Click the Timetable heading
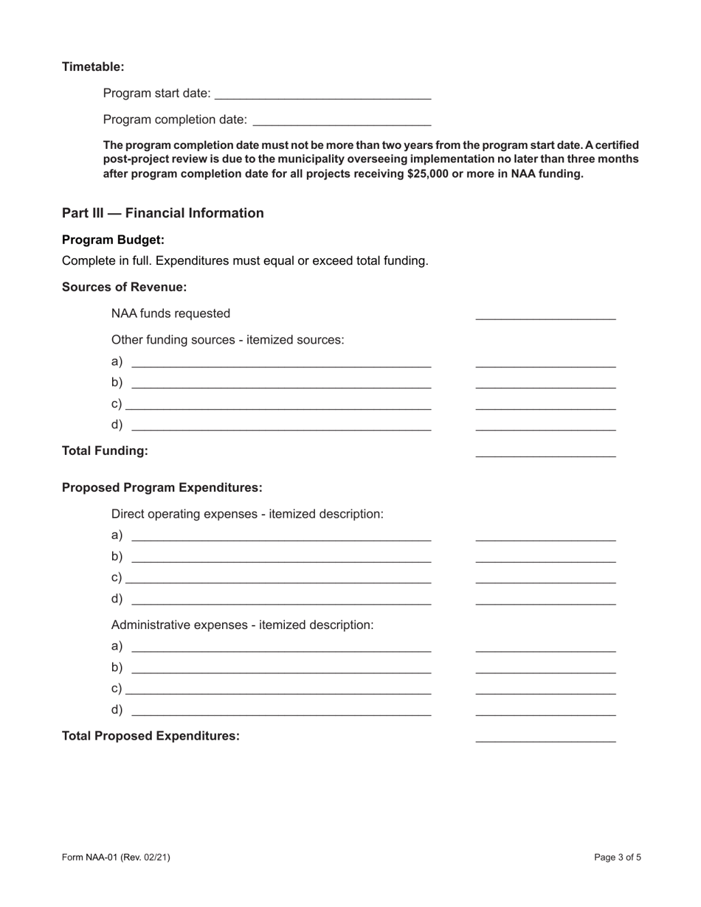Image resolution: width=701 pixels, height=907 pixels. point(93,67)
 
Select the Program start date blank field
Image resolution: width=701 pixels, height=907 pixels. point(324,94)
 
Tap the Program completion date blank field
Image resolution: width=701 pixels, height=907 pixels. point(342,119)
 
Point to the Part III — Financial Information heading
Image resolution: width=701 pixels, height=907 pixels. point(162,213)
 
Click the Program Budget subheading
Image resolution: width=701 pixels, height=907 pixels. point(113,240)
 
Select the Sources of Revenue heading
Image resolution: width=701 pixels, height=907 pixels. point(124,287)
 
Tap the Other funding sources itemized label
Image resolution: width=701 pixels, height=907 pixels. point(227,340)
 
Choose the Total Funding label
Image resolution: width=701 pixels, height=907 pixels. point(105,451)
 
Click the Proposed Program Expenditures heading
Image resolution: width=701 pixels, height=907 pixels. point(162,487)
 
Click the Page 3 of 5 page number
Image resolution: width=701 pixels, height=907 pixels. point(618,857)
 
